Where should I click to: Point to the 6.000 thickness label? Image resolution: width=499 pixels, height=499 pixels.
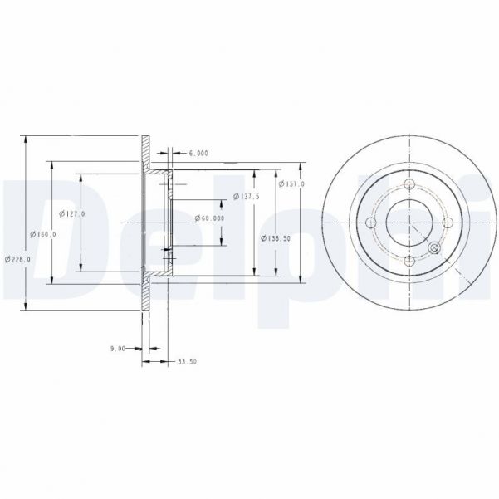pos(198,154)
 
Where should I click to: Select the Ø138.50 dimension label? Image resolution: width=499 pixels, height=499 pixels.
pos(275,238)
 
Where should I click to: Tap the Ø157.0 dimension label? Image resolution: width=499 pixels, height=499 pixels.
pos(291,183)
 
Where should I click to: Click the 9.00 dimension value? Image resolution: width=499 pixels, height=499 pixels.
pos(117,350)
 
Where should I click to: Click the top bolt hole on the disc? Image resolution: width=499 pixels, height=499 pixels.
pos(410,184)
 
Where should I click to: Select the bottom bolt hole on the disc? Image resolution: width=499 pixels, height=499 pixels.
pos(410,262)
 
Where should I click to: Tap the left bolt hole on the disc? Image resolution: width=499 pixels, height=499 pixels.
pos(371,223)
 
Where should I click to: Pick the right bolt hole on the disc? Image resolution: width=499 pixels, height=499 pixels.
pos(448,223)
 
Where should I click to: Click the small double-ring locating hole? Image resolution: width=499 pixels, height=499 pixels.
pos(433,247)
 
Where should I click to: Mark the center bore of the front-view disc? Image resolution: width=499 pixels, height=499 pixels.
pos(410,223)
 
